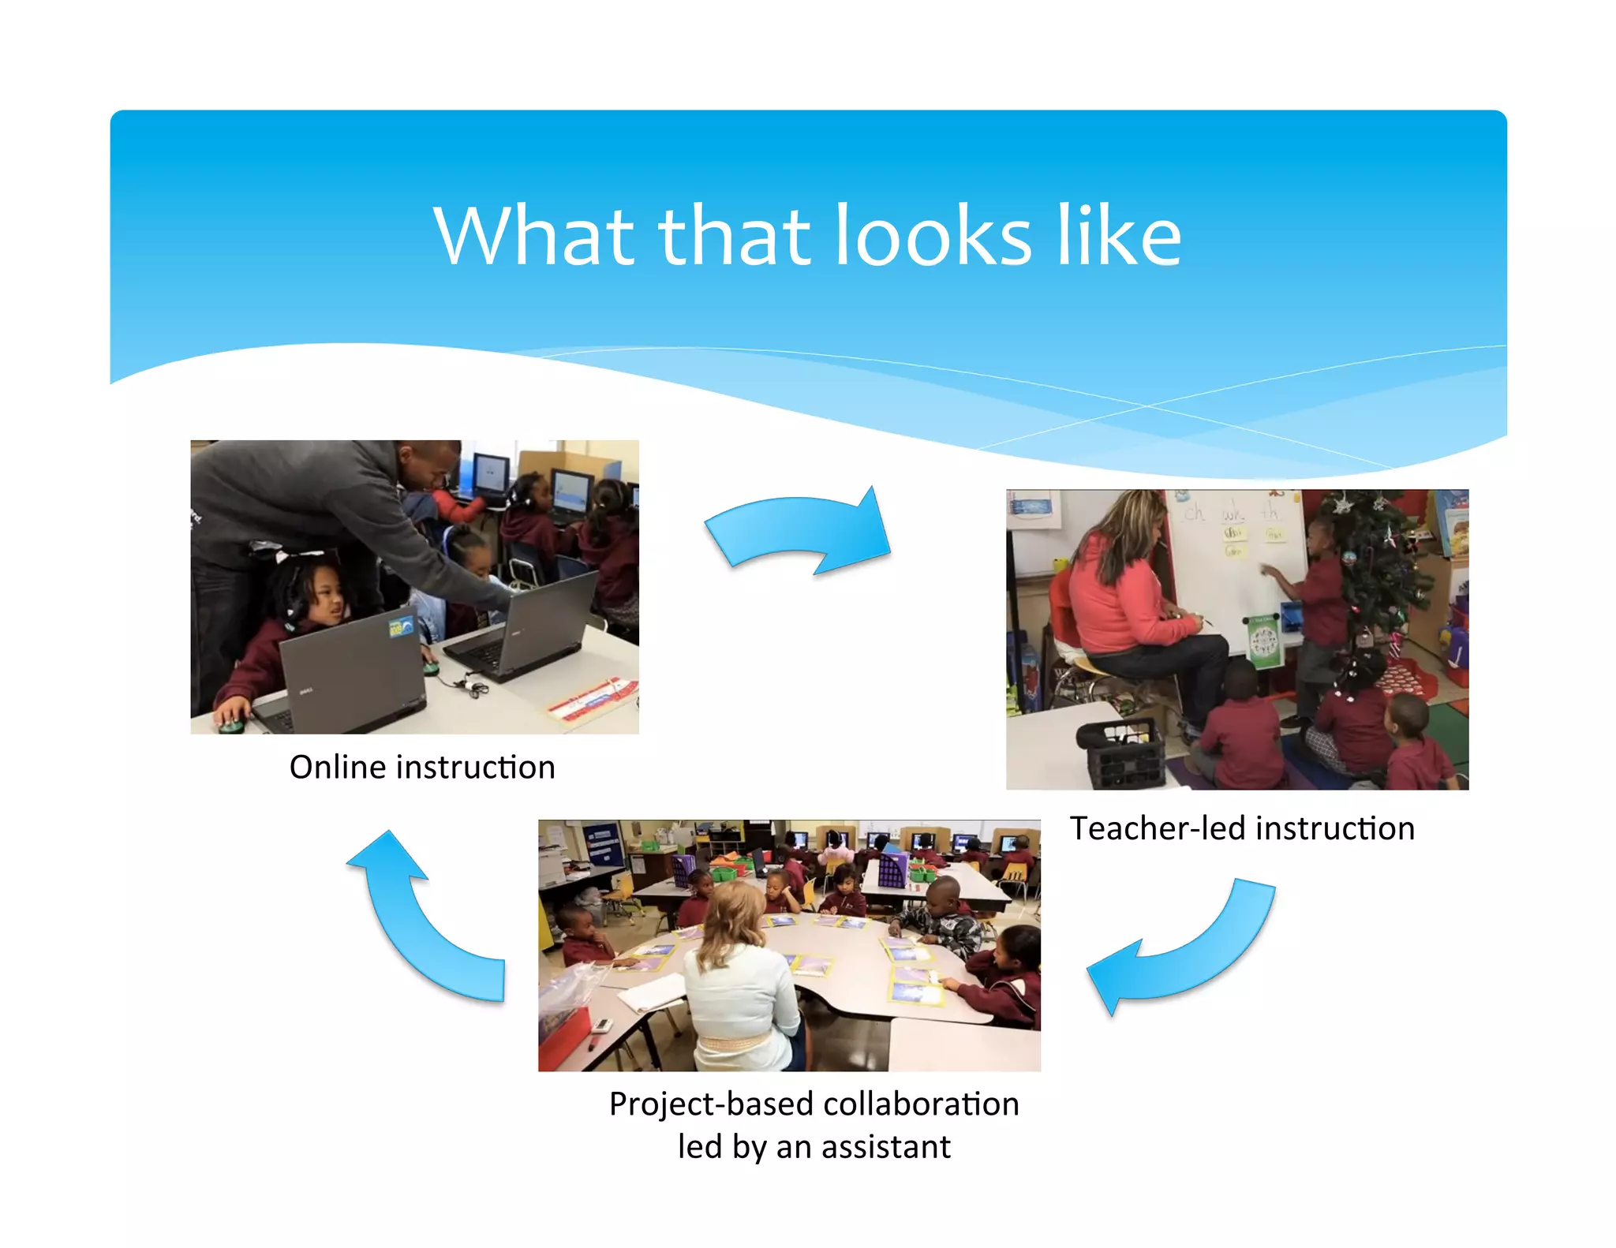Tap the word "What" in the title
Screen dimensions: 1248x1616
[533, 236]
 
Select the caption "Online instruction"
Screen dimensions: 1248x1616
[422, 768]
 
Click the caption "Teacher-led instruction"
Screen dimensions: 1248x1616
[1242, 829]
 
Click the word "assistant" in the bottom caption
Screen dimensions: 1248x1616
[886, 1147]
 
